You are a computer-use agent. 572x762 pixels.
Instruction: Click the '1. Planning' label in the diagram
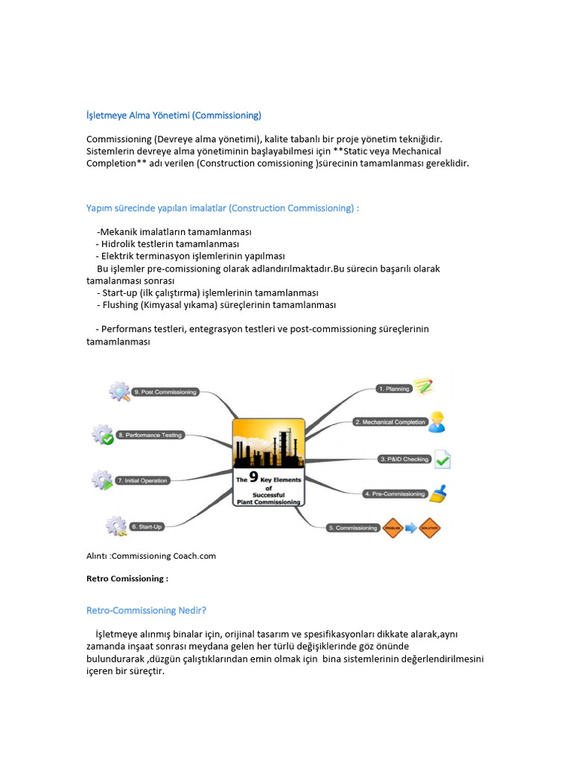click(x=393, y=388)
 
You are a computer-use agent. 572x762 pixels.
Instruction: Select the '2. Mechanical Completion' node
click(x=390, y=422)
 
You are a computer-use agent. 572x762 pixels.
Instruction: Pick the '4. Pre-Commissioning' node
click(x=395, y=493)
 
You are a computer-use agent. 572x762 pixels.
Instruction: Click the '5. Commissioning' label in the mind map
click(x=353, y=528)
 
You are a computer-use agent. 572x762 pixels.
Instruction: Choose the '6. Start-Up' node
click(x=147, y=526)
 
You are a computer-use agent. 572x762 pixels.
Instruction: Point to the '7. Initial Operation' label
click(x=142, y=481)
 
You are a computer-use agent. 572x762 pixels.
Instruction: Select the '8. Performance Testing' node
click(x=150, y=435)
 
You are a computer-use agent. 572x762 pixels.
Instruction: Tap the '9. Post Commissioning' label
click(x=165, y=391)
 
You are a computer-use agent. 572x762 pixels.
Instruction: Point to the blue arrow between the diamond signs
click(x=411, y=528)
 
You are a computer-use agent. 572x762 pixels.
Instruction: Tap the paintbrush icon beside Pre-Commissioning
click(x=439, y=493)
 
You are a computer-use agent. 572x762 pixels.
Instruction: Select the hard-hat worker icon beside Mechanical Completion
click(x=437, y=422)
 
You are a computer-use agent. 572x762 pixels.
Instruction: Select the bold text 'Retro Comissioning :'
click(x=127, y=578)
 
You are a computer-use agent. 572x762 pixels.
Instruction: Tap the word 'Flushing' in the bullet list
click(x=121, y=305)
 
